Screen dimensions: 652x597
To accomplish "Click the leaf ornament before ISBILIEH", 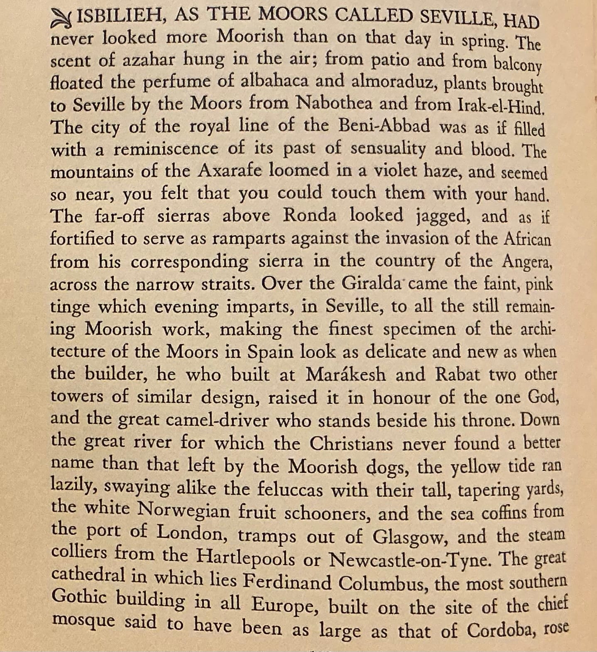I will [x=62, y=19].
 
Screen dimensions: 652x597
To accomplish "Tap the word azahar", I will [x=148, y=60].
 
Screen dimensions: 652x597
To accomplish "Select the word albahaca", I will [x=274, y=81].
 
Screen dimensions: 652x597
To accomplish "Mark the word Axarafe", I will [x=230, y=170].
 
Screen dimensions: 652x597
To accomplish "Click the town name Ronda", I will [x=309, y=215].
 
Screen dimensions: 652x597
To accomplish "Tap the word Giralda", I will [x=371, y=284].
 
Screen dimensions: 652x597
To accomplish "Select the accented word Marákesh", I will [x=345, y=375].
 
